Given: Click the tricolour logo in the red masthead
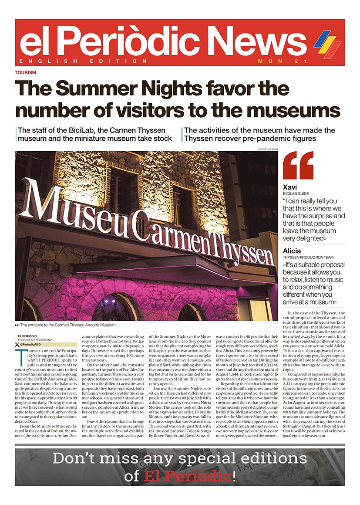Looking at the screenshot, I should [x=327, y=44].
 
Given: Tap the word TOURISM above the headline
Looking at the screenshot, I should [x=25, y=72].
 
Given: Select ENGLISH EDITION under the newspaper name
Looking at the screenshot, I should [x=83, y=61].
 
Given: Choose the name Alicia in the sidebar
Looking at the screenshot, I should [x=292, y=251].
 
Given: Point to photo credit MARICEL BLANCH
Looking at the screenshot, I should [x=268, y=149].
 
